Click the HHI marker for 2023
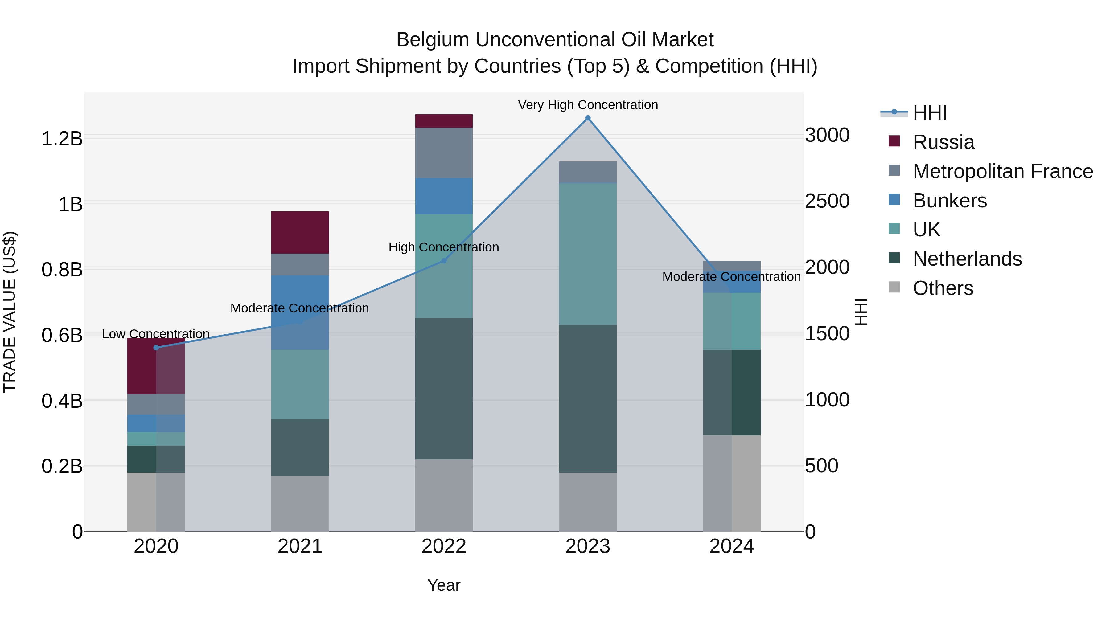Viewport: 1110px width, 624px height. (x=588, y=118)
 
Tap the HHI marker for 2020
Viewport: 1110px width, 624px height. (x=156, y=348)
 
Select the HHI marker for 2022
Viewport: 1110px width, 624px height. (x=444, y=260)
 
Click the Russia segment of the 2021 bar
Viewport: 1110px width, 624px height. (x=300, y=233)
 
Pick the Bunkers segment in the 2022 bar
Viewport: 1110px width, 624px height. (x=444, y=196)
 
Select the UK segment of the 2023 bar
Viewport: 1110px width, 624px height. (x=588, y=254)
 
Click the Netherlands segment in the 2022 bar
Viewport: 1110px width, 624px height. (x=444, y=389)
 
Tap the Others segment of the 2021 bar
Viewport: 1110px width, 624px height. (x=300, y=504)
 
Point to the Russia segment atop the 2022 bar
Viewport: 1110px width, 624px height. (x=444, y=121)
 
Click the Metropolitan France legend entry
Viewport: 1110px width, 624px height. (x=1003, y=171)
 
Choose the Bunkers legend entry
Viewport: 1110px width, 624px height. (x=949, y=201)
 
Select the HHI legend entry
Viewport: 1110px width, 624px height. (x=929, y=113)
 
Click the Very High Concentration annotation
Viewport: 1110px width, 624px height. (x=588, y=105)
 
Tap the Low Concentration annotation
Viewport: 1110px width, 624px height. (x=156, y=334)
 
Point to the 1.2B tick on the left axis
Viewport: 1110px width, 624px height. (x=62, y=139)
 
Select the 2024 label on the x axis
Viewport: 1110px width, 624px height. (x=731, y=546)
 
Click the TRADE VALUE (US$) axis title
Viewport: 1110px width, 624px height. (x=10, y=312)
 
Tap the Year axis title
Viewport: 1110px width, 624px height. (x=444, y=585)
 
